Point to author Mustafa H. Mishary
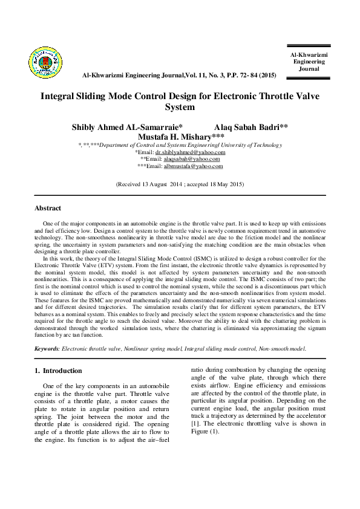coord(182,137)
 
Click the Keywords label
coord(48,348)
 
